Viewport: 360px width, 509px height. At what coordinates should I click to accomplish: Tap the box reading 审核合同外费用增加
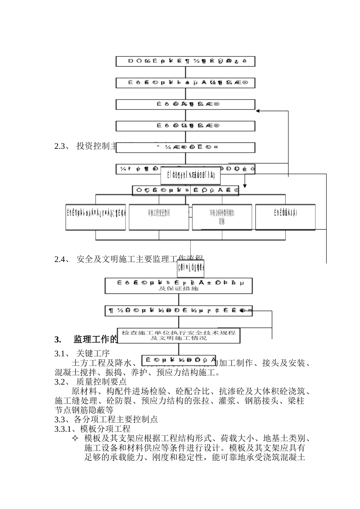click(222, 213)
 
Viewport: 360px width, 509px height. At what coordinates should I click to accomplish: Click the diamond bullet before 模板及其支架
click(75, 439)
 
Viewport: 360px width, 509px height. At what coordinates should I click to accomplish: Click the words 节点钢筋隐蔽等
click(84, 410)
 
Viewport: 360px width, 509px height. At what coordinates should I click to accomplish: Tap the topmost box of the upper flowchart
click(185, 61)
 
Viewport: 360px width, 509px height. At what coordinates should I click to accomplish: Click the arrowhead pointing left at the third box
click(258, 111)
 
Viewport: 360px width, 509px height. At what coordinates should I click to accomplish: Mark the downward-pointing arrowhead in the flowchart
click(245, 186)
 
